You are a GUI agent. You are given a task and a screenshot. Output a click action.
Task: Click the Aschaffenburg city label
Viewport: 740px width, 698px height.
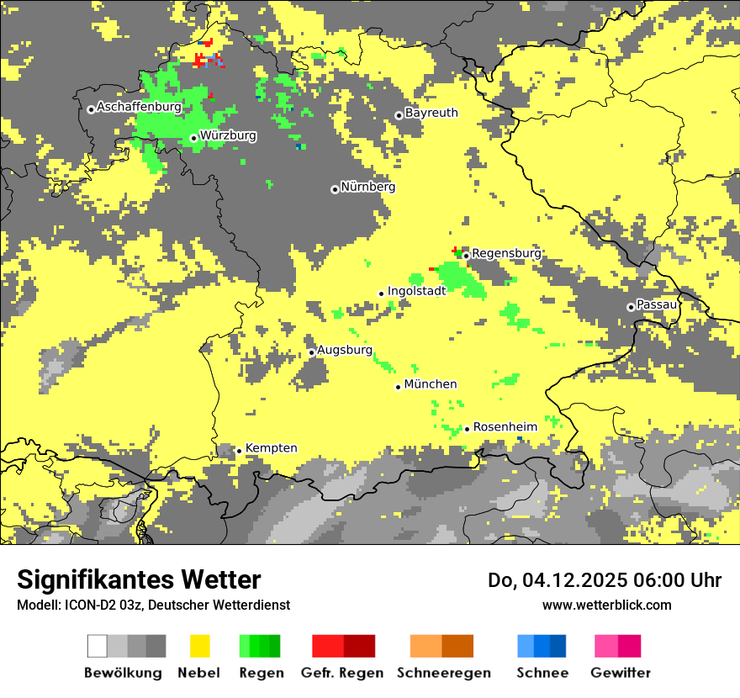click(x=139, y=108)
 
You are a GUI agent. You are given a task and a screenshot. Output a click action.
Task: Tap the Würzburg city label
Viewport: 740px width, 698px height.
click(x=228, y=135)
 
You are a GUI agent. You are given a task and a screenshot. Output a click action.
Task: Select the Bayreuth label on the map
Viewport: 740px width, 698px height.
click(x=431, y=113)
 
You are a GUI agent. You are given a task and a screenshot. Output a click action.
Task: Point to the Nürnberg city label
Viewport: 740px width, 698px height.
click(x=367, y=187)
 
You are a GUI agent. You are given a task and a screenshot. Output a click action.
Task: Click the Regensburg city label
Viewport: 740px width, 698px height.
click(x=506, y=253)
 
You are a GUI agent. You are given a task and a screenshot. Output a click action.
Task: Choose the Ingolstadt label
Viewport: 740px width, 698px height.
click(x=416, y=291)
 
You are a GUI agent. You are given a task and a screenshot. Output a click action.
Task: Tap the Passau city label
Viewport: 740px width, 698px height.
click(x=657, y=304)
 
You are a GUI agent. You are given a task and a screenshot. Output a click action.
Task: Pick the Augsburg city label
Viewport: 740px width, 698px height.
click(x=344, y=350)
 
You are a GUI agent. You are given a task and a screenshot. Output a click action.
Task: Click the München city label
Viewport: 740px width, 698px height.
click(x=431, y=384)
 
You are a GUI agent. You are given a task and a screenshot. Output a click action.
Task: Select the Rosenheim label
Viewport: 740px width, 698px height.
click(x=505, y=427)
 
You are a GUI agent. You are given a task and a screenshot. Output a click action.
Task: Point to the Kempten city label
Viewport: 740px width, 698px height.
click(x=271, y=448)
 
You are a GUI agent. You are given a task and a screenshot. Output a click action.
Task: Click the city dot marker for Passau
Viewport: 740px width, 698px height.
click(x=631, y=307)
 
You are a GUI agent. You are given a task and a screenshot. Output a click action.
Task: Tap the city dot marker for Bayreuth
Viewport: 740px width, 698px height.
click(x=399, y=115)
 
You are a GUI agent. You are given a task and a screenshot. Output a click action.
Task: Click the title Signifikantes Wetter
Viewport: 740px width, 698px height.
click(x=139, y=579)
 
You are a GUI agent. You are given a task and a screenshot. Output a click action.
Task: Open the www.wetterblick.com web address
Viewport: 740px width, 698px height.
click(x=606, y=605)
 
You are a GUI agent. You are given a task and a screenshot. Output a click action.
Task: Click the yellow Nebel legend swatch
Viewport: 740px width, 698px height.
click(x=200, y=646)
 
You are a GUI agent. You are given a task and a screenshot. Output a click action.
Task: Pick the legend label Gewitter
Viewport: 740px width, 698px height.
click(x=621, y=673)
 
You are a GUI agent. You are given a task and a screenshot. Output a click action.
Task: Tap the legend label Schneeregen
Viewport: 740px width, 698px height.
click(x=443, y=673)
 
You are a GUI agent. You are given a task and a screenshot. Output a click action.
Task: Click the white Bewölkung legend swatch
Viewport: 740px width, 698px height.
click(x=98, y=646)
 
